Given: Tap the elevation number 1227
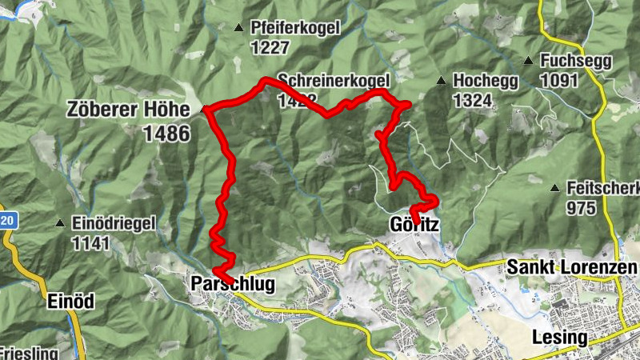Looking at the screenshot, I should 269,48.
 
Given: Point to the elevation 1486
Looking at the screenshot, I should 167,133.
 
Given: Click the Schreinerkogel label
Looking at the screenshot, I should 334,81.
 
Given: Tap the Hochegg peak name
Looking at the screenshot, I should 486,82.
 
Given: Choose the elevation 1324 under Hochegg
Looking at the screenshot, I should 471,101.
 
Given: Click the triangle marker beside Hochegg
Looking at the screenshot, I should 441,81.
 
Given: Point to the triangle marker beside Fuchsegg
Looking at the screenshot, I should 528,61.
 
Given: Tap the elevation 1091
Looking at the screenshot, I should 558,81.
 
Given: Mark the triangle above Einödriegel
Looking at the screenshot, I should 59,224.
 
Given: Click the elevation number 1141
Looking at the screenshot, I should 91,243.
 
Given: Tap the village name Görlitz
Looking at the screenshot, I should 414,224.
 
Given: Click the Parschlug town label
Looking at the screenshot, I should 232,284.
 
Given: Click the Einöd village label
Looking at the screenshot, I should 70,302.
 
